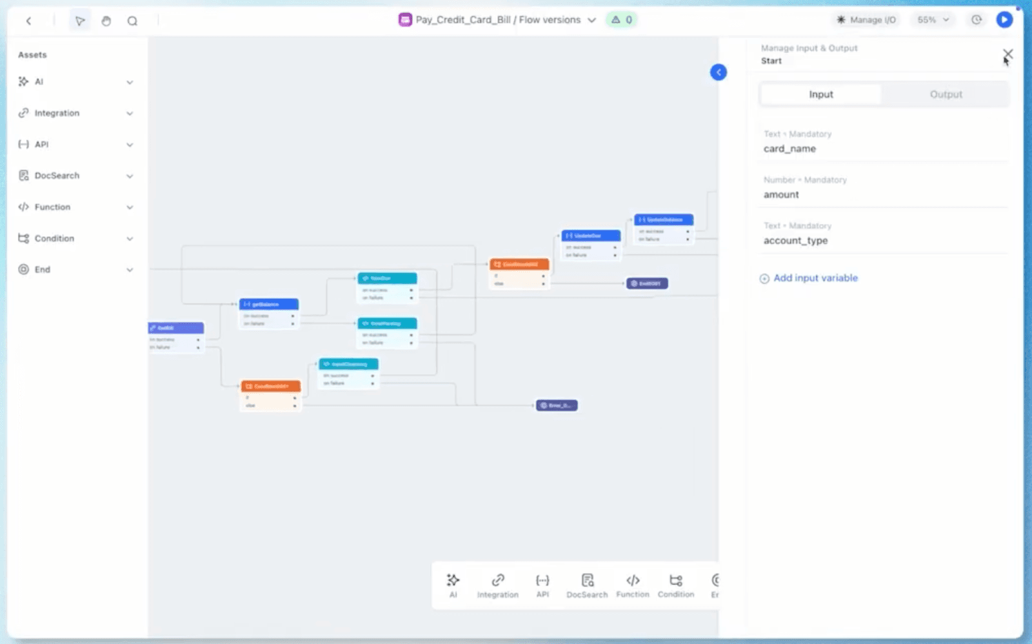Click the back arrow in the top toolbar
point(28,21)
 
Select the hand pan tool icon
point(106,21)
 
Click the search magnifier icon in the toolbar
point(132,21)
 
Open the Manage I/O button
point(866,20)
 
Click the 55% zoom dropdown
point(933,20)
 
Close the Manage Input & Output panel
point(1007,54)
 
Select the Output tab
point(946,94)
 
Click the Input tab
point(821,94)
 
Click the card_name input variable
point(789,148)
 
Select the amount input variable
point(781,194)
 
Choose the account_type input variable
point(795,240)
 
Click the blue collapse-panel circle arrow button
point(719,72)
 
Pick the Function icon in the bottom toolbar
point(633,585)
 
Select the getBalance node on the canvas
point(268,304)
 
